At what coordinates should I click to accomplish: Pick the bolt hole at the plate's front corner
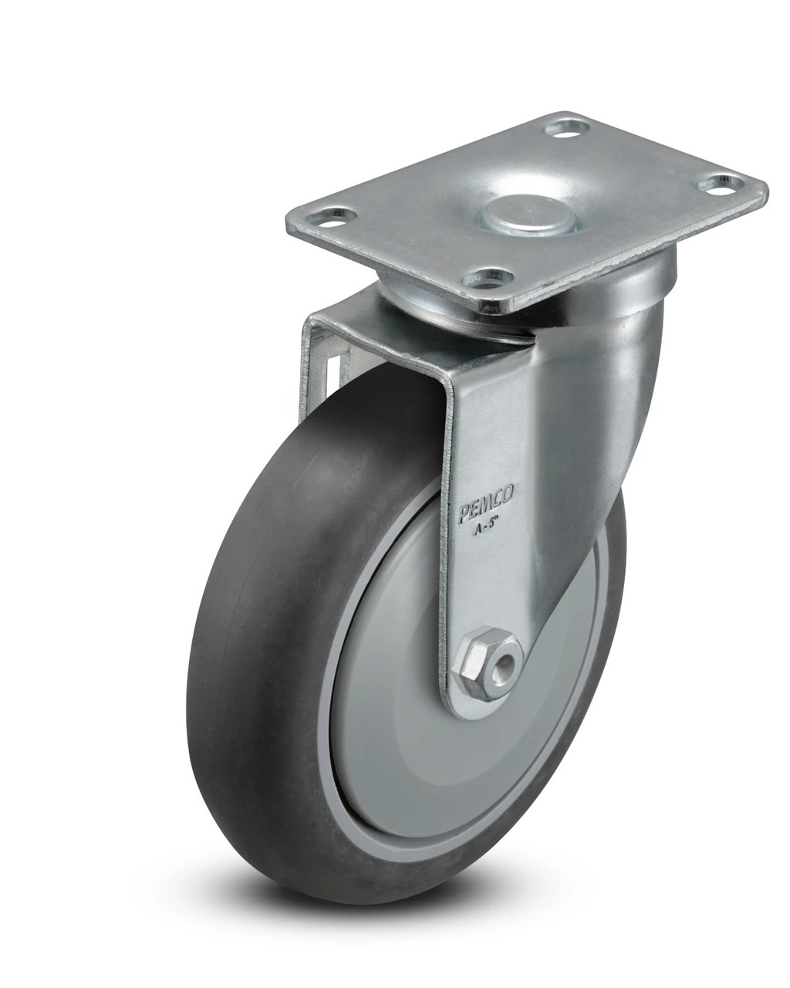coord(489,277)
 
